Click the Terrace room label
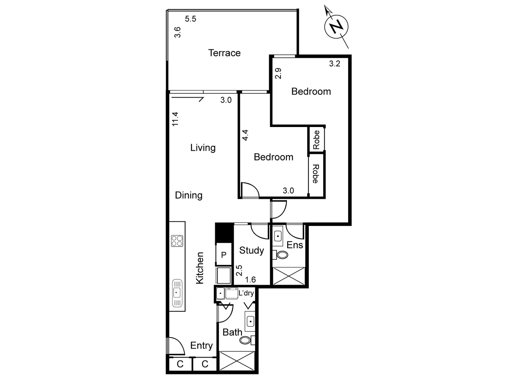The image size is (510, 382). pyautogui.click(x=224, y=53)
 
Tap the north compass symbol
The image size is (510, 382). pyautogui.click(x=336, y=27)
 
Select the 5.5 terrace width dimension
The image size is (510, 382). pyautogui.click(x=191, y=19)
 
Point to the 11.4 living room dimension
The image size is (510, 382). pyautogui.click(x=175, y=119)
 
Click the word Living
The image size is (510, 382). pyautogui.click(x=203, y=147)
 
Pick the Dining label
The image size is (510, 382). pyautogui.click(x=188, y=195)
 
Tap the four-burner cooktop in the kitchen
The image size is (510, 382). pyautogui.click(x=177, y=241)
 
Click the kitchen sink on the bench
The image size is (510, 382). pyautogui.click(x=177, y=293)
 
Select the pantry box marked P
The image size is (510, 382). pyautogui.click(x=224, y=255)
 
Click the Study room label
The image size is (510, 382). pyautogui.click(x=251, y=250)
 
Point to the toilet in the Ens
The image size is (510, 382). pyautogui.click(x=282, y=255)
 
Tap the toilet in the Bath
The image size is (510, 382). pyautogui.click(x=245, y=340)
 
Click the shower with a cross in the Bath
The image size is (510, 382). pyautogui.click(x=237, y=361)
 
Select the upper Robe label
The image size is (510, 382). pyautogui.click(x=316, y=140)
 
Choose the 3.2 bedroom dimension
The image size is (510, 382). pyautogui.click(x=334, y=64)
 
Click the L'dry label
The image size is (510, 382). pyautogui.click(x=246, y=293)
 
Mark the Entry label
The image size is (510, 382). pyautogui.click(x=201, y=346)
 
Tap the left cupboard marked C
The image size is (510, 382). pyautogui.click(x=180, y=364)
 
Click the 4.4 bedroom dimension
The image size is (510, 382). pyautogui.click(x=245, y=135)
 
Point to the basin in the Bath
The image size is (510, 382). pyautogui.click(x=250, y=322)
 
